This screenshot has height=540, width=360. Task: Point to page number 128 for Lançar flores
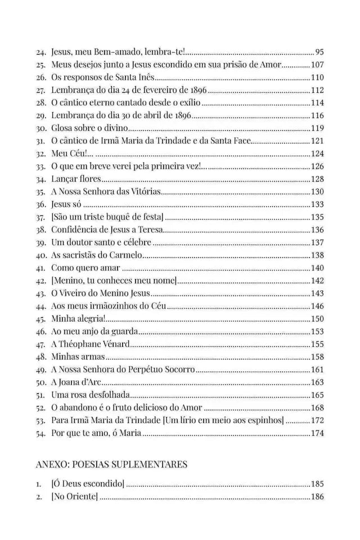[317, 178]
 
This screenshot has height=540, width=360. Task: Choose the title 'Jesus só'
[66, 204]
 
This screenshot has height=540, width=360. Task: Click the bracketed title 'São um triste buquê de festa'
[107, 216]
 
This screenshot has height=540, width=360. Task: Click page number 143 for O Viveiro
[317, 292]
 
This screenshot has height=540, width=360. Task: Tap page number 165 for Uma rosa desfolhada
[317, 394]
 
